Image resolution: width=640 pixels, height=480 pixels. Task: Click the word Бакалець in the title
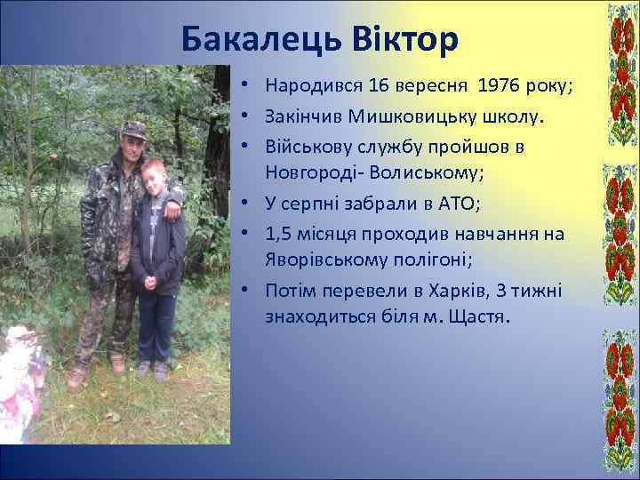259,39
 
